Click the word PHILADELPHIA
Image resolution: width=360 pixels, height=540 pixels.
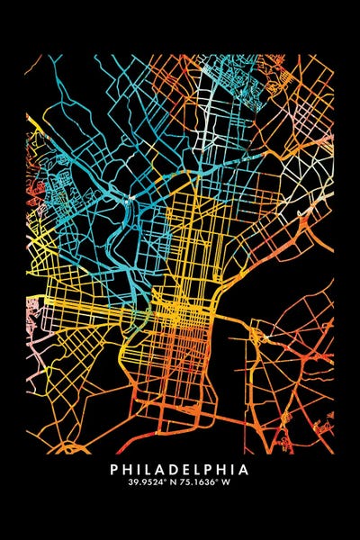pyautogui.click(x=180, y=469)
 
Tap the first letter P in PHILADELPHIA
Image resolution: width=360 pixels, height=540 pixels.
pyautogui.click(x=114, y=469)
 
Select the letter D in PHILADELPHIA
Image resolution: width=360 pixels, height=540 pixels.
pyautogui.click(x=175, y=469)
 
